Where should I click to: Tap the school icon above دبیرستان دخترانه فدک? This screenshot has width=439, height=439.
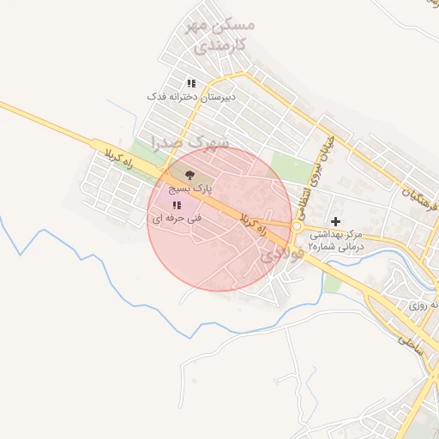tap(191, 83)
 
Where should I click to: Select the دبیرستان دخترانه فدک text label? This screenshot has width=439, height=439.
tap(191, 97)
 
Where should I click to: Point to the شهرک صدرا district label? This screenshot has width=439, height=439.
tap(190, 140)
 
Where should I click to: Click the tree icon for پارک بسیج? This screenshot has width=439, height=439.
tap(189, 174)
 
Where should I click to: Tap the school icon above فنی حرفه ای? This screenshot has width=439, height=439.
tap(177, 206)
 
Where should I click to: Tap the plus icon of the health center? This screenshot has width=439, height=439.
tap(335, 221)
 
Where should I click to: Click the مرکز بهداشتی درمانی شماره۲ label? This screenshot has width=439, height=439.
tap(335, 239)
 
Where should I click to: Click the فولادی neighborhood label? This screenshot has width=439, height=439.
tap(280, 250)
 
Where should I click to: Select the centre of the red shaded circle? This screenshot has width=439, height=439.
tap(220, 219)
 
